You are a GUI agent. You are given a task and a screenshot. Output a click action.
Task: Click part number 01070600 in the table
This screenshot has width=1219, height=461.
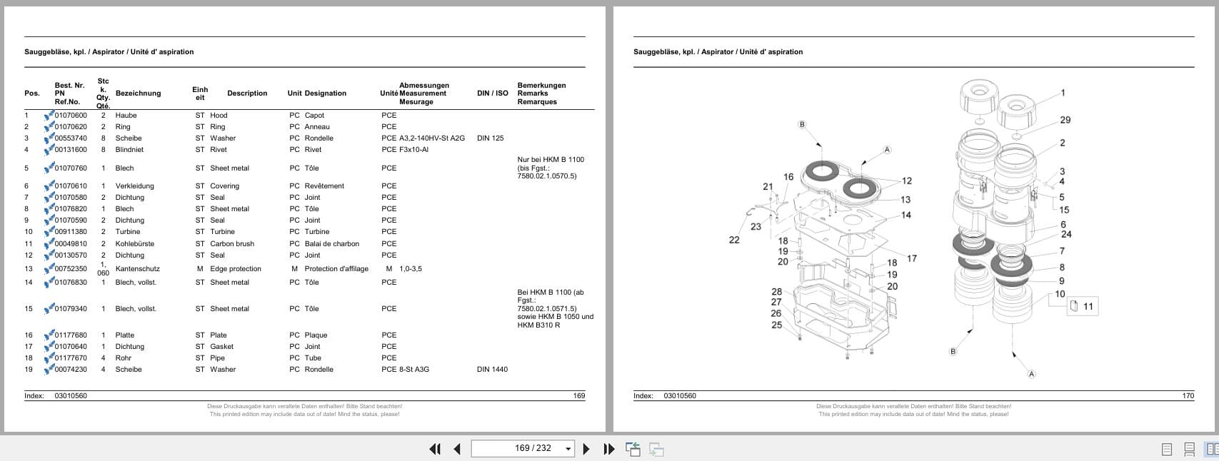tap(71, 116)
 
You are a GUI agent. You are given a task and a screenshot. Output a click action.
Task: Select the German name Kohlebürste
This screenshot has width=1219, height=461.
tap(135, 244)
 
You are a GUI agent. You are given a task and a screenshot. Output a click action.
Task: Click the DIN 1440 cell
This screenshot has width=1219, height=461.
tap(492, 370)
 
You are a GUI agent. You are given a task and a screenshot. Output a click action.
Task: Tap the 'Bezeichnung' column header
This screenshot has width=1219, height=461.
tap(138, 93)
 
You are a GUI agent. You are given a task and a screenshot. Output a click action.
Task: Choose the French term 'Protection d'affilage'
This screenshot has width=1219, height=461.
tap(336, 269)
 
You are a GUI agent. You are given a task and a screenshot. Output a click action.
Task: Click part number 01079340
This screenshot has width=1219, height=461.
tap(71, 309)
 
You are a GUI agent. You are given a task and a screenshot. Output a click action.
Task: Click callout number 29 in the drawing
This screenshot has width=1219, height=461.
tap(1065, 120)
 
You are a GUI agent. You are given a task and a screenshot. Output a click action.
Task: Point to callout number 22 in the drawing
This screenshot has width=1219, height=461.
tap(734, 240)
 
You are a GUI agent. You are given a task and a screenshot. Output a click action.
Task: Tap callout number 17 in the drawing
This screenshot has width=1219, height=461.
tap(911, 258)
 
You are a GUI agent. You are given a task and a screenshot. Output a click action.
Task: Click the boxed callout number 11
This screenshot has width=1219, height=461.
tap(1088, 307)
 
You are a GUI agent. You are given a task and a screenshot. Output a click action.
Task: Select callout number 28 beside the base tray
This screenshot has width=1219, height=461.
tap(776, 292)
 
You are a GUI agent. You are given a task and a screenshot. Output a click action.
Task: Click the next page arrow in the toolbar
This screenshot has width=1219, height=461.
tap(586, 449)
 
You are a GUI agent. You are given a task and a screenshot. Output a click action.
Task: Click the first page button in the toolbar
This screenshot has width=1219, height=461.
tap(435, 449)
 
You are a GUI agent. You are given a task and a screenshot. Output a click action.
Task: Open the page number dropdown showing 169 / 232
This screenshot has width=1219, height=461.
tap(568, 449)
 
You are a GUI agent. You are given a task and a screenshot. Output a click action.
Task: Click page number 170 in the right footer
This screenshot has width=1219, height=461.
tap(1188, 396)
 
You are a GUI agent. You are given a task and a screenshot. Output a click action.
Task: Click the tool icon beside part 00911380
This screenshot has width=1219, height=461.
tap(49, 232)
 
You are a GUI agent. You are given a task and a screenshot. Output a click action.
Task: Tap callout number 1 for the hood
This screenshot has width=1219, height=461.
tap(1063, 93)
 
